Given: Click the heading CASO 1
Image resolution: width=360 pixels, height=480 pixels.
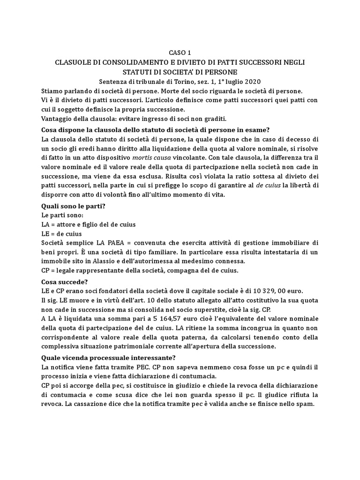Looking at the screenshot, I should pyautogui.click(x=180, y=52).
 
